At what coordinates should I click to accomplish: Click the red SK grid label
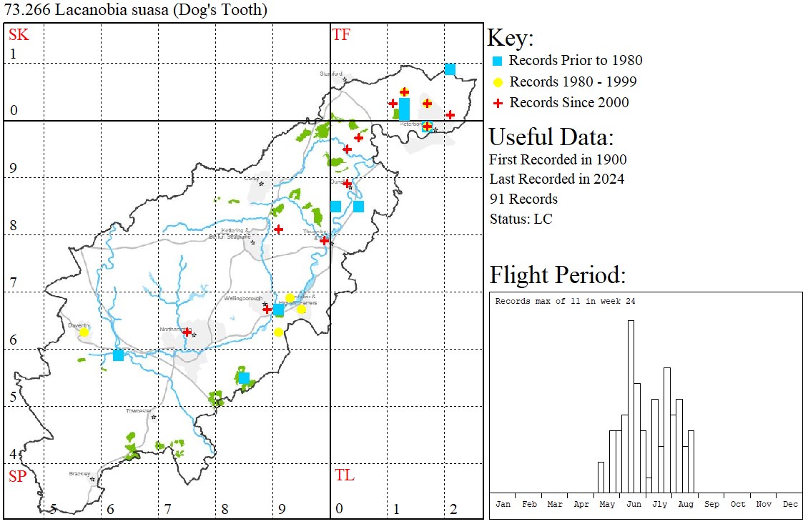pyautogui.click(x=19, y=34)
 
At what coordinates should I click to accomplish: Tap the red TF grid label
pyautogui.click(x=341, y=34)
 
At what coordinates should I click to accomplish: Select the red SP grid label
pyautogui.click(x=17, y=476)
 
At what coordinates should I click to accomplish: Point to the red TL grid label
pyautogui.click(x=345, y=475)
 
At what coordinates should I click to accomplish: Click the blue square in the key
pyautogui.click(x=498, y=61)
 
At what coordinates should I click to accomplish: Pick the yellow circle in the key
pyautogui.click(x=498, y=81)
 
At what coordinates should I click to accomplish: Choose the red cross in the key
pyautogui.click(x=498, y=103)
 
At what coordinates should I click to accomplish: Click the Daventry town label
pyautogui.click(x=77, y=325)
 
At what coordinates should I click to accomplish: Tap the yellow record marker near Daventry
pyautogui.click(x=84, y=332)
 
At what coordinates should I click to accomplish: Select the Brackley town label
pyautogui.click(x=79, y=473)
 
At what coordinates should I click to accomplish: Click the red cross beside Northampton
pyautogui.click(x=187, y=332)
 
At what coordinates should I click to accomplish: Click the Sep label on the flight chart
pyautogui.click(x=711, y=504)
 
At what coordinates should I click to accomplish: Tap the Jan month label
pyautogui.click(x=503, y=504)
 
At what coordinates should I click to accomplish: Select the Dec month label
pyautogui.click(x=790, y=504)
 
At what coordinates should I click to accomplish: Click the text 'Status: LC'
pyautogui.click(x=521, y=219)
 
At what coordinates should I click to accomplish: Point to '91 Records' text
pyautogui.click(x=523, y=199)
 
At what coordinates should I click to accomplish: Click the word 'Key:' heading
pyautogui.click(x=510, y=38)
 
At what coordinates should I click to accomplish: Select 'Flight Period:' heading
pyautogui.click(x=558, y=275)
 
